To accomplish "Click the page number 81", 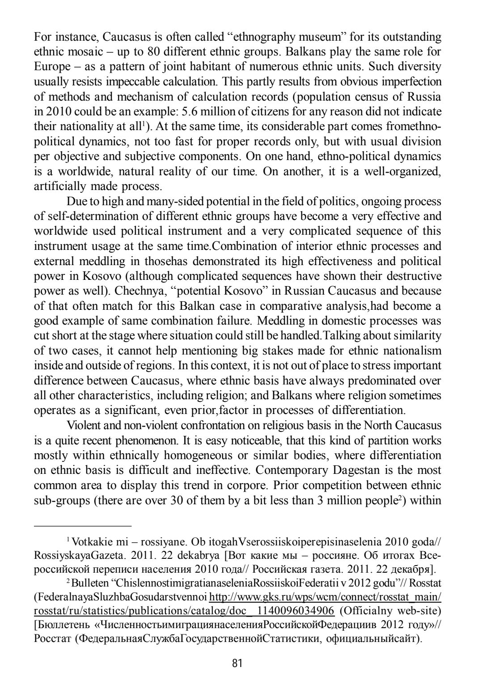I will point(237,663).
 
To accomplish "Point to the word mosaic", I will point(64,51).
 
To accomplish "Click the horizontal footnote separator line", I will point(83,526).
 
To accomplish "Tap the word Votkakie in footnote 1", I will point(90,543).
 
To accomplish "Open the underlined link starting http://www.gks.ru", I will point(325,597).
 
